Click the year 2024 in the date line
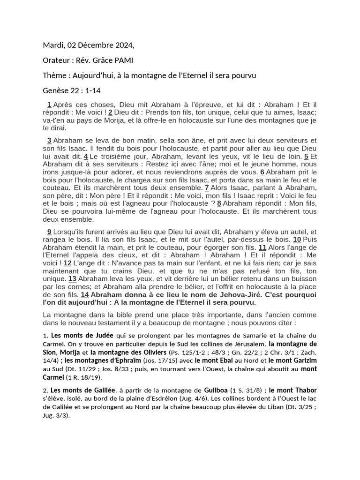pyautogui.click(x=122, y=45)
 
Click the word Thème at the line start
pyautogui.click(x=54, y=75)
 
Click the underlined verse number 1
pyautogui.click(x=49, y=105)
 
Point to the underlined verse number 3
pyautogui.click(x=49, y=140)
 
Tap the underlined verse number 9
pyautogui.click(x=49, y=232)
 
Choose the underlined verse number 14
pyautogui.click(x=85, y=294)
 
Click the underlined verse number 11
pyautogui.click(x=262, y=247)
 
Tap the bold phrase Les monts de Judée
pyautogui.click(x=75, y=335)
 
